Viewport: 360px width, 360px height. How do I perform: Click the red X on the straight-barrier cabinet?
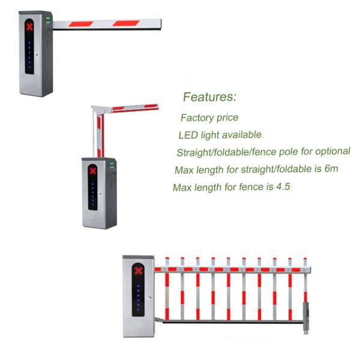[x=29, y=27]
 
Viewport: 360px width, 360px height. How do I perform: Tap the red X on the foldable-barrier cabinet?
[x=93, y=171]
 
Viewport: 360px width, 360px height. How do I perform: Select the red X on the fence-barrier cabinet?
[x=139, y=271]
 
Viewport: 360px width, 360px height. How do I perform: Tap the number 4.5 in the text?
[x=283, y=186]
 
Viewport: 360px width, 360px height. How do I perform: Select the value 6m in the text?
[x=331, y=169]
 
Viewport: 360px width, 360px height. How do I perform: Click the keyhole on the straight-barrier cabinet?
[x=37, y=55]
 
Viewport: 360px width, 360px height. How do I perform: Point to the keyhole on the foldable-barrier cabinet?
[x=101, y=194]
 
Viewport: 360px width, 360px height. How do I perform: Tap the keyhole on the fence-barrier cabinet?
[x=149, y=298]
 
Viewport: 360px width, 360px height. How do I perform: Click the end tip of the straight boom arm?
[x=161, y=24]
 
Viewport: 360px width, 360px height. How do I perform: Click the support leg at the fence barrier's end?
[x=306, y=318]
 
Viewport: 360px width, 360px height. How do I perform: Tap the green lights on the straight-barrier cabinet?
[x=48, y=20]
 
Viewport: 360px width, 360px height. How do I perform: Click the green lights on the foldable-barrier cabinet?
[x=112, y=166]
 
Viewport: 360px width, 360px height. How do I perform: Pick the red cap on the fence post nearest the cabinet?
[x=167, y=259]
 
